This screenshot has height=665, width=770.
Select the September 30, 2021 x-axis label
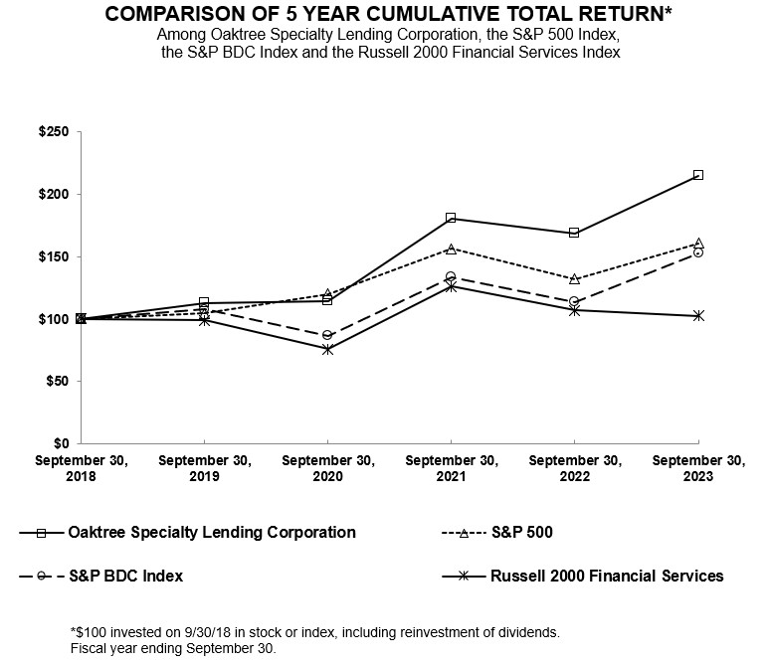pos(451,468)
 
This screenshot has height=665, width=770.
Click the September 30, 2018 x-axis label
pos(80,468)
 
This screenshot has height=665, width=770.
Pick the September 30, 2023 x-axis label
pos(697,468)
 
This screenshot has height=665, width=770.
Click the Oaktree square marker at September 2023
pos(698,175)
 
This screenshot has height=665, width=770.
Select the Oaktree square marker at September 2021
pos(451,218)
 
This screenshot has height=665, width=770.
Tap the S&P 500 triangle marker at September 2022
pos(574,279)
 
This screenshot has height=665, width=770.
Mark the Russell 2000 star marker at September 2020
pos(327,349)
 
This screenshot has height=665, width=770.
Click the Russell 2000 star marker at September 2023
pos(698,315)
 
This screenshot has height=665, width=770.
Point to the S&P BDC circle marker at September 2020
pos(327,335)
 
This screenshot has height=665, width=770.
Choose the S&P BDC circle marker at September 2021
pos(451,276)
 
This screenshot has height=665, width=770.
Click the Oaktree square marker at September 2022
pos(574,233)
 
